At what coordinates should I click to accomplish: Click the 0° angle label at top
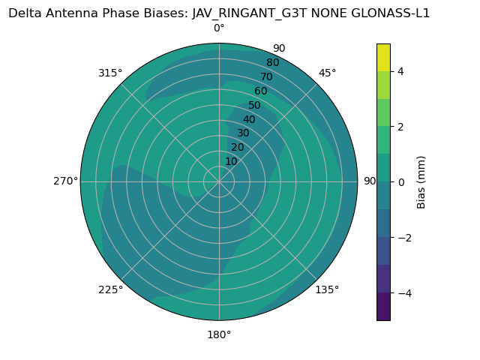click(219, 28)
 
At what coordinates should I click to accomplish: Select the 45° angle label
click(327, 73)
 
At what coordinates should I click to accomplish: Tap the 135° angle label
click(327, 289)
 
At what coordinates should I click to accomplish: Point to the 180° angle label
click(219, 334)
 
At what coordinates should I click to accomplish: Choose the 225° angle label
click(110, 289)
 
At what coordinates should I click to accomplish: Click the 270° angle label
click(65, 181)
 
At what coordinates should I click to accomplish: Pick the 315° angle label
click(110, 73)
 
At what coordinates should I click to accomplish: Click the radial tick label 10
click(231, 161)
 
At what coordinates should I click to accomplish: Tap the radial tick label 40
click(249, 119)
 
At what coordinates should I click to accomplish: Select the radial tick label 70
click(266, 76)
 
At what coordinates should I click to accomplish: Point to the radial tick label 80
click(272, 62)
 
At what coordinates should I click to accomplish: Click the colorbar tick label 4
click(401, 71)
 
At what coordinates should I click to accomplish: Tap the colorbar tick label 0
click(401, 181)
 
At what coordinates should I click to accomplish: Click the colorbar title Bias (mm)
click(421, 181)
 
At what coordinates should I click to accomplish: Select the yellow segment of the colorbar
click(383, 57)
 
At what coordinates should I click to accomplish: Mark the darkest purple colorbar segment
click(383, 306)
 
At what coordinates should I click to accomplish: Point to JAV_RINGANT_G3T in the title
click(247, 13)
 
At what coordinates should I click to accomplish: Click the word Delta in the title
click(25, 13)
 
